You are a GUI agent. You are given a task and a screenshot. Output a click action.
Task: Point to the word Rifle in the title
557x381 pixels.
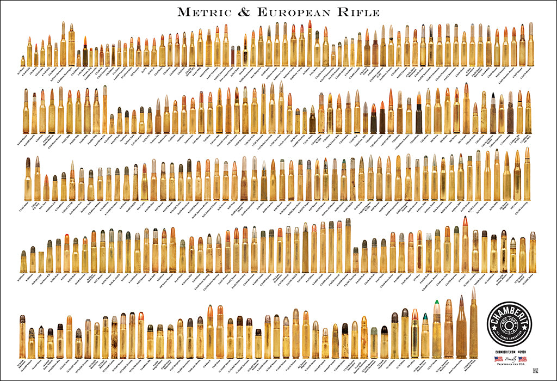360,11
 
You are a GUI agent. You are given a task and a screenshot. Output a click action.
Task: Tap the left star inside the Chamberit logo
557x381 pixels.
496,321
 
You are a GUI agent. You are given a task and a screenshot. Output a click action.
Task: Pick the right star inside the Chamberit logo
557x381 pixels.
527,321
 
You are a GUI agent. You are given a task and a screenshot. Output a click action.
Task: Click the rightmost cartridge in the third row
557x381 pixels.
527,174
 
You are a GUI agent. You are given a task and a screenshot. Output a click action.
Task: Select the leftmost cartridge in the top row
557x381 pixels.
23,60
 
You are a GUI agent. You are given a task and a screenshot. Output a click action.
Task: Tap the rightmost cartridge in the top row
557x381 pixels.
530,44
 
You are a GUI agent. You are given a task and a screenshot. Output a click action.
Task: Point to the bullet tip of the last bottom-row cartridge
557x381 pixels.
473,293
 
